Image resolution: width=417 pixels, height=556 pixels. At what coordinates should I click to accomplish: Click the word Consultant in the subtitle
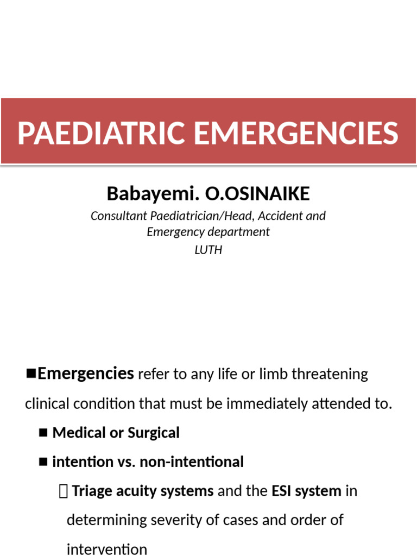pos(117,216)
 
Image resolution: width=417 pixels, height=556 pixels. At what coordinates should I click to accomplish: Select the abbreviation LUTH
pos(208,250)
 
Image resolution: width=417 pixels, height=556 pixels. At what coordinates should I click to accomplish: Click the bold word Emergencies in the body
pos(86,374)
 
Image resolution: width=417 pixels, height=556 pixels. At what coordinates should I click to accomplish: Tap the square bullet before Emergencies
pos(31,373)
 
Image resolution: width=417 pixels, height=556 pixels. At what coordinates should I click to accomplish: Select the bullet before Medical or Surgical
pos(44,433)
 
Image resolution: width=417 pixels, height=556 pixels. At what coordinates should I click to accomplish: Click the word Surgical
pos(154,433)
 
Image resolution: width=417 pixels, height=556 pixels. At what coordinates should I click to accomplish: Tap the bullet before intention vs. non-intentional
pos(44,462)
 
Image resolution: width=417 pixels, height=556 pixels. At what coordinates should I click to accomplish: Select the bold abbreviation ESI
pos(284,491)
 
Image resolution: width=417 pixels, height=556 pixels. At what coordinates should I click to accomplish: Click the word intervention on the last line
pos(106,549)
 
